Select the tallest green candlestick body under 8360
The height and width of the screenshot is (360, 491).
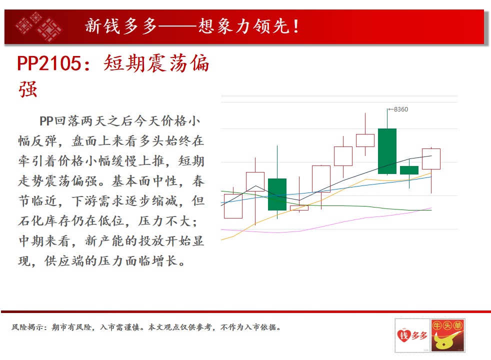pyautogui.click(x=387, y=151)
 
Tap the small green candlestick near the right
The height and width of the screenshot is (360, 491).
pyautogui.click(x=409, y=170)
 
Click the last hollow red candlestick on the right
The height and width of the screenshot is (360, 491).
pyautogui.click(x=431, y=159)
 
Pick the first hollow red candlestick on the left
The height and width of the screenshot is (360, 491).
pyautogui.click(x=233, y=206)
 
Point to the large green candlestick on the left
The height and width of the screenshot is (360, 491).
pyautogui.click(x=277, y=194)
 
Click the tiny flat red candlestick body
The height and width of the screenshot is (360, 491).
pyautogui.click(x=299, y=208)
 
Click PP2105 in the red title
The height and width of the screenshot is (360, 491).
pyautogui.click(x=49, y=63)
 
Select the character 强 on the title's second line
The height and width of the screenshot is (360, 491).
pyautogui.click(x=28, y=89)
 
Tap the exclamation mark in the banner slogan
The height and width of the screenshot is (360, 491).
pyautogui.click(x=295, y=26)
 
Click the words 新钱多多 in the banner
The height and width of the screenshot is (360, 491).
pyautogui.click(x=121, y=26)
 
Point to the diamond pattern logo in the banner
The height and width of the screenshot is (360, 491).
pyautogui.click(x=38, y=26)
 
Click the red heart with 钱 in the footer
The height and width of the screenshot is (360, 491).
pyautogui.click(x=403, y=336)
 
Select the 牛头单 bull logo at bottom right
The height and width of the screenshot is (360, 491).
pyautogui.click(x=447, y=335)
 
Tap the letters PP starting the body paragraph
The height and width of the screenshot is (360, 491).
pyautogui.click(x=46, y=121)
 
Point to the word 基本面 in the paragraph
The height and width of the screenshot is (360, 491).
pyautogui.click(x=131, y=181)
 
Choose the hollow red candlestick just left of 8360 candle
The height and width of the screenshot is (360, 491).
pyautogui.click(x=365, y=140)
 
